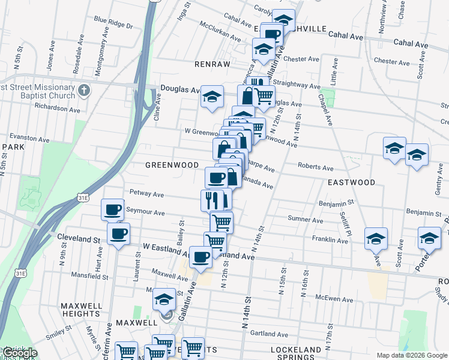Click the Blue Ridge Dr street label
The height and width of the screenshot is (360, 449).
coord(112,22)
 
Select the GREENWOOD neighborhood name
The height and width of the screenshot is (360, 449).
coord(172,164)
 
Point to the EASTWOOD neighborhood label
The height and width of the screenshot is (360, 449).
coord(351,182)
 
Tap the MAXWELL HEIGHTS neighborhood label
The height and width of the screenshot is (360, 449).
coord(80,310)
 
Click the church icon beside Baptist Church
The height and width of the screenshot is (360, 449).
coord(84,91)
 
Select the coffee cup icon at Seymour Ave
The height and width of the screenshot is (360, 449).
coord(112,209)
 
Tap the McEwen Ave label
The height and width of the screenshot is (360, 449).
coord(332,298)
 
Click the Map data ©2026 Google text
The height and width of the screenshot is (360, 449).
coord(411,355)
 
